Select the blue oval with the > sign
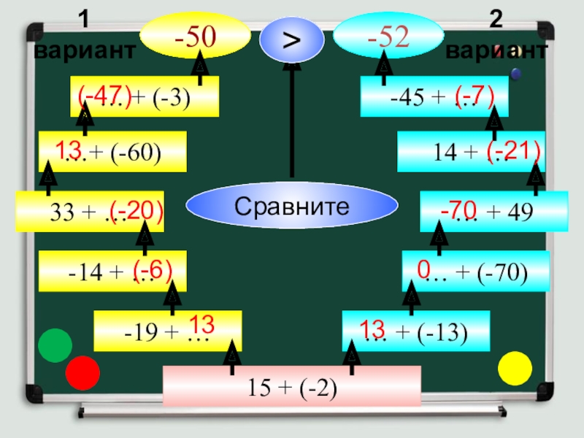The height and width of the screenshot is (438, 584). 291,39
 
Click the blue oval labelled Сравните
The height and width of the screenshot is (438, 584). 291,207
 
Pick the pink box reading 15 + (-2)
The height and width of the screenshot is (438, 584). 292,386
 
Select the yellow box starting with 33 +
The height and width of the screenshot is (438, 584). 89,212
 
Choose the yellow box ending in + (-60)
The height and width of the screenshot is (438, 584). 112,152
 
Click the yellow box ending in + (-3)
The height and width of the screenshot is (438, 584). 145,96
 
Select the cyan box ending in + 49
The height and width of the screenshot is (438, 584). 494,212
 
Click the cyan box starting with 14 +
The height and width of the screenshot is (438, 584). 471,152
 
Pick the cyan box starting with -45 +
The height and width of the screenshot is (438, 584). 434,96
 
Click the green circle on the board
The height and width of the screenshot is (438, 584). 55,347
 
